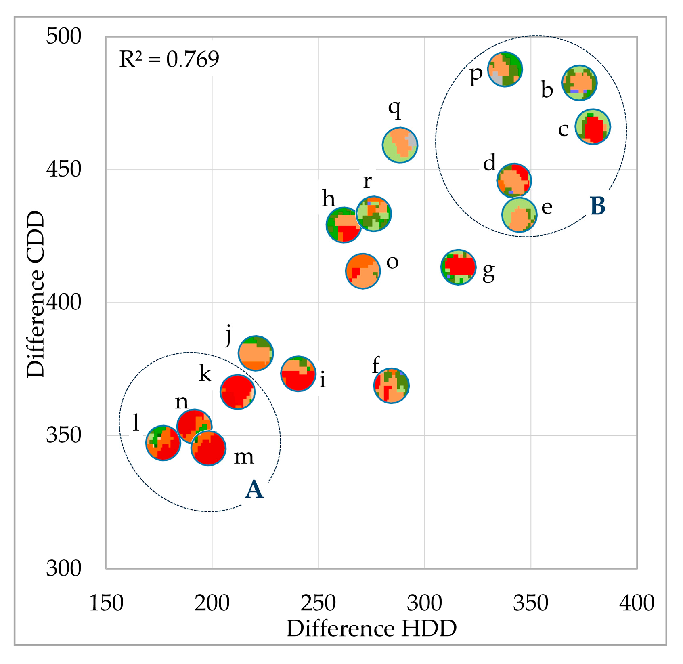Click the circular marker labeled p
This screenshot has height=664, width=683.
point(505,69)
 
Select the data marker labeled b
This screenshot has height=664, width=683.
point(580,83)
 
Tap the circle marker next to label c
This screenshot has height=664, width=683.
point(593,126)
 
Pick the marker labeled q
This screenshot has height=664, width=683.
point(400,145)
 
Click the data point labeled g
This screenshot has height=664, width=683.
point(458,267)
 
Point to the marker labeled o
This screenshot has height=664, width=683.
point(363,271)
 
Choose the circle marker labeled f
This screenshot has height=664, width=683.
point(391,386)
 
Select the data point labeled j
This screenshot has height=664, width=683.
point(256,353)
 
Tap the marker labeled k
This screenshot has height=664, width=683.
point(237,392)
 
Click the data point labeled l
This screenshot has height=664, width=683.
point(163,443)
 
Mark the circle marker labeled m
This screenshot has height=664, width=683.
point(208,448)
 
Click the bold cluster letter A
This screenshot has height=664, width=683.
point(254,490)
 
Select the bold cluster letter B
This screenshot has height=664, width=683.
point(598,206)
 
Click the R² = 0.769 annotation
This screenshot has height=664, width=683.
point(169,59)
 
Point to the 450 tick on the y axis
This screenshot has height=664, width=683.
point(64,169)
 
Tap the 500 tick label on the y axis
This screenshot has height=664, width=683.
point(64,36)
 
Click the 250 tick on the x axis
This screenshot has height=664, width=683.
point(318,603)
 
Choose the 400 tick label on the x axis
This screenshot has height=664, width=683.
point(637,603)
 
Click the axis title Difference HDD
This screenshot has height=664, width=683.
point(372,629)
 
